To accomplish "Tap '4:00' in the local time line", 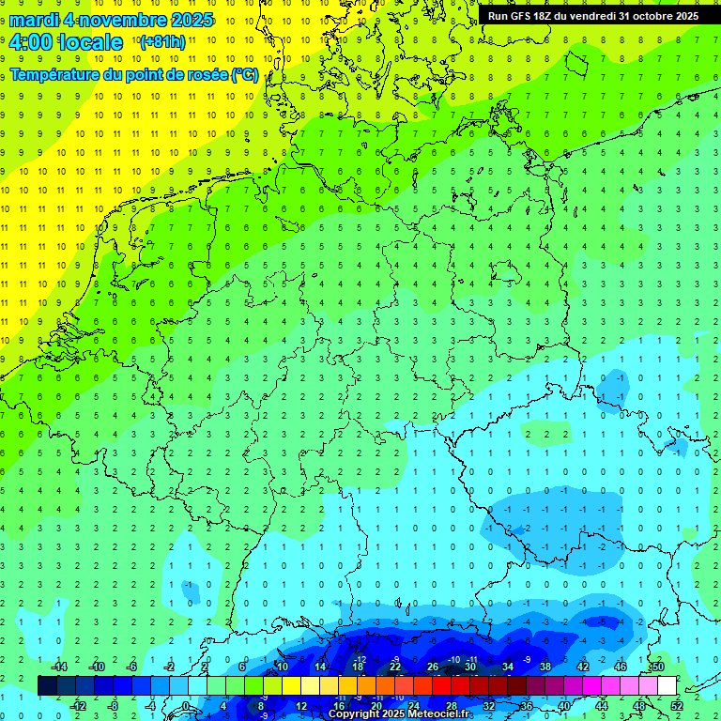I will pos(31,42).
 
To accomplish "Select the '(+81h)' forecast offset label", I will pos(161,42).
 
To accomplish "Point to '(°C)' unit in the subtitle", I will pos(244,74).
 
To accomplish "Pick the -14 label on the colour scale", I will pos(59,666).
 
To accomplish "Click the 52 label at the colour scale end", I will pos(677,705).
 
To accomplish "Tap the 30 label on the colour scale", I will pos(470,666).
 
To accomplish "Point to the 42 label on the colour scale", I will pos(583,666).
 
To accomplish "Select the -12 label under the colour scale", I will pos(79,705).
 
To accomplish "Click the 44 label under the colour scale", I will pos(602,705).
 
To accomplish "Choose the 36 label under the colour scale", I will pos(527,705).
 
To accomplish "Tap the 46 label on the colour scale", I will pos(621,666).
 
